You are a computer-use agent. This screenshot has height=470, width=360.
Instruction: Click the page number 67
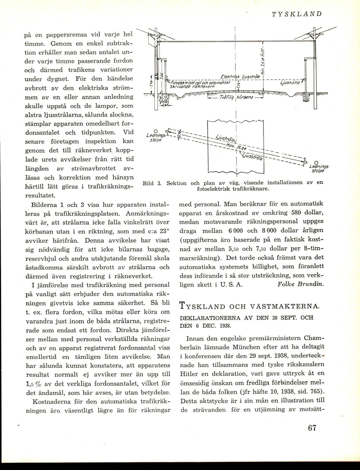coord(312,428)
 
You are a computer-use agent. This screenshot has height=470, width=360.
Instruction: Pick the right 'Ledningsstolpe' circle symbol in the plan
coord(316,162)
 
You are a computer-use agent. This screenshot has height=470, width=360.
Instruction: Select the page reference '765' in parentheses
coord(315,392)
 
